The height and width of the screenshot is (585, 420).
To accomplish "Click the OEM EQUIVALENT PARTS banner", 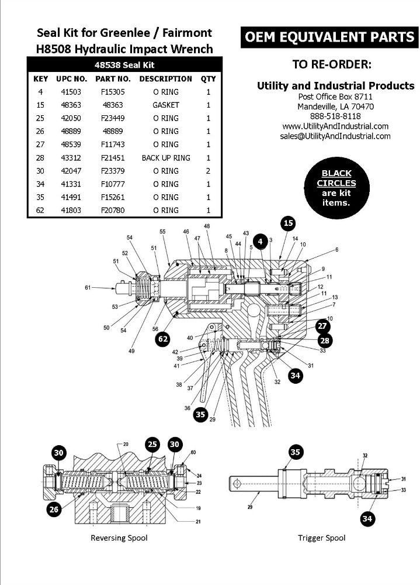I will coord(329,37).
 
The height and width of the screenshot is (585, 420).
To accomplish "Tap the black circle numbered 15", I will coord(288,223).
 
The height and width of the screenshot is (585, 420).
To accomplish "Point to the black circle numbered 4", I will coord(261,241).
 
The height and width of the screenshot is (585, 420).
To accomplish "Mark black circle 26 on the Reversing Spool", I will coord(54,510).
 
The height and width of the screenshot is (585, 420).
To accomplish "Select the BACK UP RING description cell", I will coord(166,158).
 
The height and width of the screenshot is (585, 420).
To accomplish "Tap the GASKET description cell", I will coord(166,105).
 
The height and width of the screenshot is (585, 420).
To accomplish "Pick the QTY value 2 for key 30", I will coord(208,171).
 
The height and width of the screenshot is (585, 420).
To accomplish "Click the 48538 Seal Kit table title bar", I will coord(124,65).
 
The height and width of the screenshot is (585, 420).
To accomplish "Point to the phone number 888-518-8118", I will coord(335,116).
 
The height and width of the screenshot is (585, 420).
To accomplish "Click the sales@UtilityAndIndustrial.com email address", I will coord(335,136).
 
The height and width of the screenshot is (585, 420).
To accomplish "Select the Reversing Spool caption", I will coord(119,538).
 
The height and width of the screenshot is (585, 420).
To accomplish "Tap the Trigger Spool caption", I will coord(321,538).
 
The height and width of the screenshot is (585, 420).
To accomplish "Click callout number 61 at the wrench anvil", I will coord(88,287).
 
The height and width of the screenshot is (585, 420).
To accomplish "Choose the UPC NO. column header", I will coord(71,78).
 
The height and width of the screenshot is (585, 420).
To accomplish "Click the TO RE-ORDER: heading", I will coord(331,63).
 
